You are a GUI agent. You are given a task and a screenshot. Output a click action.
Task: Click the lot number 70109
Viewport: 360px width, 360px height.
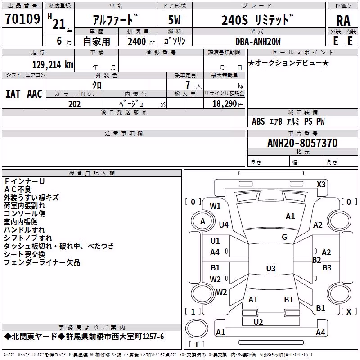pyautogui.click(x=22, y=19)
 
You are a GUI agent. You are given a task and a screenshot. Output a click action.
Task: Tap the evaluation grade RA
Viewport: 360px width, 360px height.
pyautogui.click(x=343, y=21)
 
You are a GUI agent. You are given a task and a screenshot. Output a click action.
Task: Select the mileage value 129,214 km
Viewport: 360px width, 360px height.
pyautogui.click(x=53, y=65)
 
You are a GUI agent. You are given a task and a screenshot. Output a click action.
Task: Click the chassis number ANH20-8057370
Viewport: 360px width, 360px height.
pyautogui.click(x=302, y=143)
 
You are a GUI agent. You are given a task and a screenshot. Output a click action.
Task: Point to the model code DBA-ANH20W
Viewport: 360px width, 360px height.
pyautogui.click(x=258, y=41)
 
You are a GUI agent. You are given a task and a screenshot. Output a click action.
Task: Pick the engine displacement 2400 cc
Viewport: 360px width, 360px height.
pyautogui.click(x=141, y=41)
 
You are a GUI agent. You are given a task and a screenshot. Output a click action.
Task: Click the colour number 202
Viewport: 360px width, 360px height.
pyautogui.click(x=74, y=104)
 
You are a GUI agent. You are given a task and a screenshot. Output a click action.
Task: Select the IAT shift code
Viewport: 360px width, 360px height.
pyautogui.click(x=13, y=94)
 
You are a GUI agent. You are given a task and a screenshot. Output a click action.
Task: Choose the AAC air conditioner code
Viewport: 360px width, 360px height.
pyautogui.click(x=35, y=94)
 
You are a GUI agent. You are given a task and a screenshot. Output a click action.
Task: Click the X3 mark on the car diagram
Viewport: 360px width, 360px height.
pyautogui.click(x=321, y=184)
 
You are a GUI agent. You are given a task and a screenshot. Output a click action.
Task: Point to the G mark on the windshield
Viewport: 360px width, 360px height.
pyautogui.click(x=284, y=237)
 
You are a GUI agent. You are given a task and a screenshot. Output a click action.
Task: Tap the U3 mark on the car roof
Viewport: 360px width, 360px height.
pyautogui.click(x=271, y=268)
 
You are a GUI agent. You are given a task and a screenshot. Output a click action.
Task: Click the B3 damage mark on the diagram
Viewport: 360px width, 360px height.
pyautogui.click(x=327, y=267)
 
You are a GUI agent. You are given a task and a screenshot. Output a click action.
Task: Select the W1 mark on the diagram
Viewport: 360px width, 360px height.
pyautogui.click(x=215, y=206)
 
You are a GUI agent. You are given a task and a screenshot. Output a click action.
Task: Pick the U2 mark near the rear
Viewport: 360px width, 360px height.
pyautogui.click(x=258, y=322)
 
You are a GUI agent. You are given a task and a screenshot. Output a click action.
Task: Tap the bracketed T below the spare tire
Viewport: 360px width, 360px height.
pyautogui.click(x=197, y=344)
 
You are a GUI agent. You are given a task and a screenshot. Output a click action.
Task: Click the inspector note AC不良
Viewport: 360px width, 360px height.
pyautogui.click(x=18, y=189)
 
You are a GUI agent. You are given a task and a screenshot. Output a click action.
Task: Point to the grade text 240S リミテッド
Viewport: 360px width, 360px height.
pyautogui.click(x=257, y=20)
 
